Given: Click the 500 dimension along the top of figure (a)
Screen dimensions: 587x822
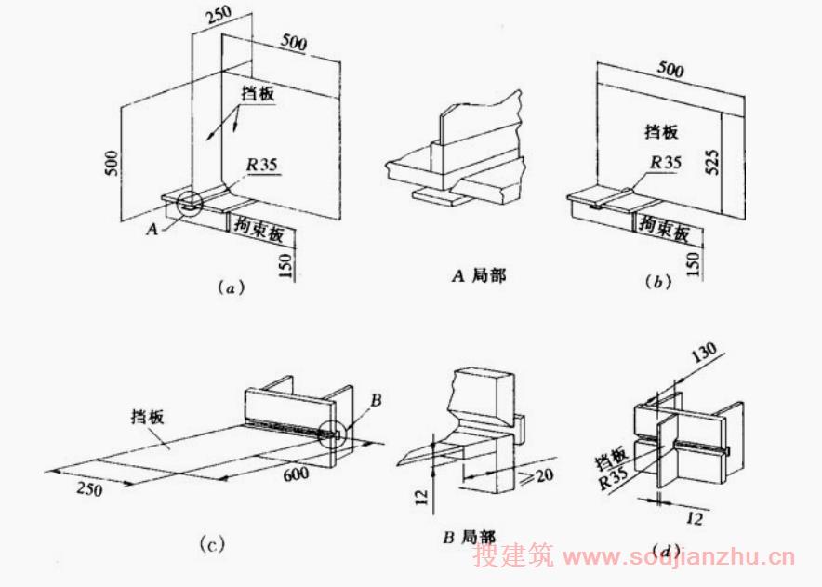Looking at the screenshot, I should (x=296, y=42).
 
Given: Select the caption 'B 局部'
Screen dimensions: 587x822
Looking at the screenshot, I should (x=468, y=537).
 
